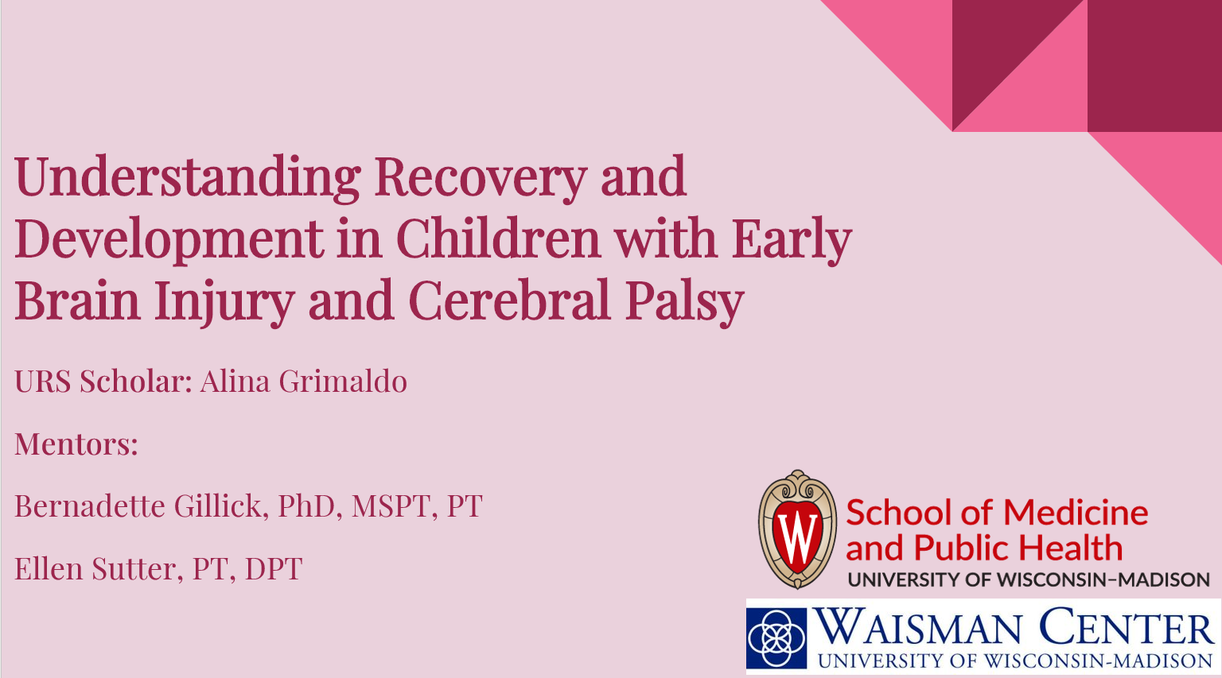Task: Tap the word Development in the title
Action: click(x=169, y=240)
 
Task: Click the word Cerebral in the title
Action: click(x=508, y=300)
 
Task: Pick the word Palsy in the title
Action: click(x=685, y=303)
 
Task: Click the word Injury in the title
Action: click(x=225, y=303)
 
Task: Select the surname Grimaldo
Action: click(x=343, y=381)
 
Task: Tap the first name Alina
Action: click(x=235, y=381)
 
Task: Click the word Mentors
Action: click(x=76, y=444)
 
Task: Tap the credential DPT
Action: click(x=274, y=568)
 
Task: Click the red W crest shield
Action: click(x=797, y=529)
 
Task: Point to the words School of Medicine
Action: click(x=997, y=513)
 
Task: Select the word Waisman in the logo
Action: click(x=918, y=627)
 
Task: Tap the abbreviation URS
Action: click(x=42, y=381)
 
